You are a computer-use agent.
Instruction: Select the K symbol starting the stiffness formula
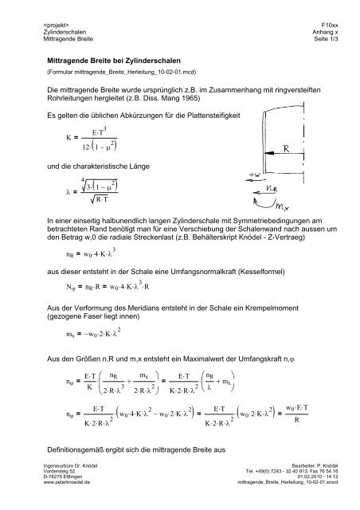(x=52, y=143)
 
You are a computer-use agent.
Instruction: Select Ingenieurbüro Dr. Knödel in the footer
(x=75, y=484)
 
